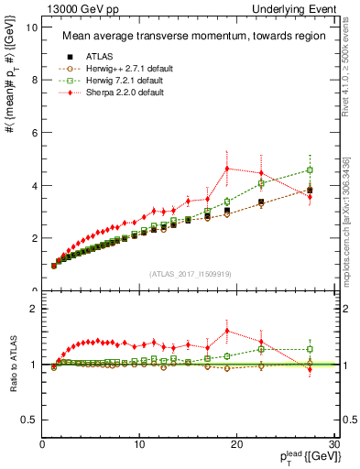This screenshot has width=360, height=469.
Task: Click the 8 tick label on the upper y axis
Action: coord(33,80)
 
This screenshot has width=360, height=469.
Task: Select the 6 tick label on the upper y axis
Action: coord(33,133)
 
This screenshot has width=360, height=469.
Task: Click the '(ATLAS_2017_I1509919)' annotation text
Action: coord(191,273)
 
